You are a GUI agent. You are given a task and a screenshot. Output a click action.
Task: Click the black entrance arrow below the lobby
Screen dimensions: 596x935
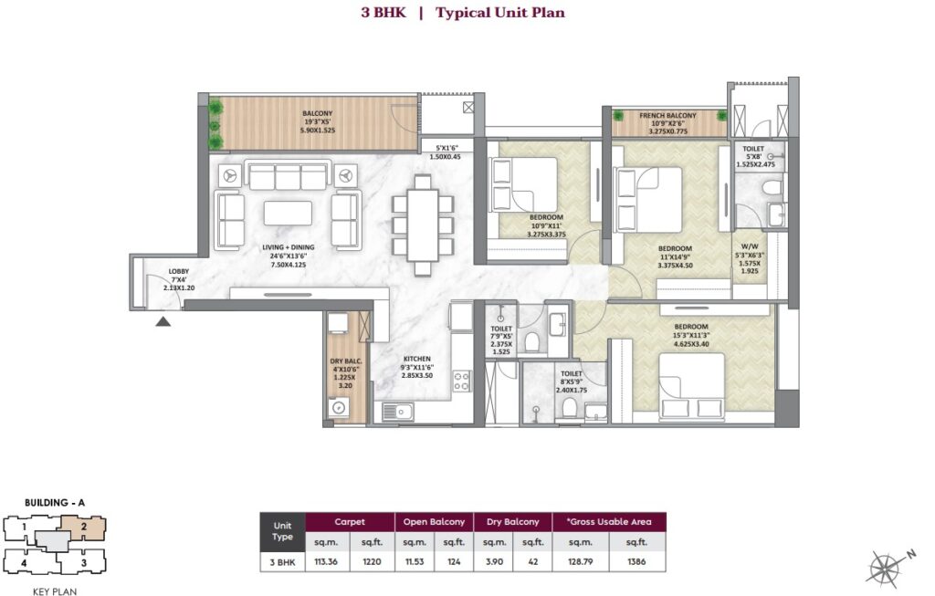pyautogui.click(x=163, y=320)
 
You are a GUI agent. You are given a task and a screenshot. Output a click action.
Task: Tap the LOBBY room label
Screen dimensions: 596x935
pyautogui.click(x=179, y=271)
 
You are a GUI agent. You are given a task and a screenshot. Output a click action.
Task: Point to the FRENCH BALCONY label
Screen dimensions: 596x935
pyautogui.click(x=667, y=116)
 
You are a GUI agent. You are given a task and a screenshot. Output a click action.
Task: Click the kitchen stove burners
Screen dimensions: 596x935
pyautogui.click(x=462, y=380)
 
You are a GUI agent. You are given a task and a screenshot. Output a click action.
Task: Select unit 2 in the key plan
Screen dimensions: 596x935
pyautogui.click(x=83, y=527)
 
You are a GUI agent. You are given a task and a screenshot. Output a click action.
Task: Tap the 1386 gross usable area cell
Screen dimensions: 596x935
pyautogui.click(x=636, y=561)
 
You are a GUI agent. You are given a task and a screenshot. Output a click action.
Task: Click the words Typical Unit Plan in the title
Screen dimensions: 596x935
pyautogui.click(x=499, y=13)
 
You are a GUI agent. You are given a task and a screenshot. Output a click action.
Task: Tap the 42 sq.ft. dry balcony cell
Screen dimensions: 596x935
pyautogui.click(x=533, y=561)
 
